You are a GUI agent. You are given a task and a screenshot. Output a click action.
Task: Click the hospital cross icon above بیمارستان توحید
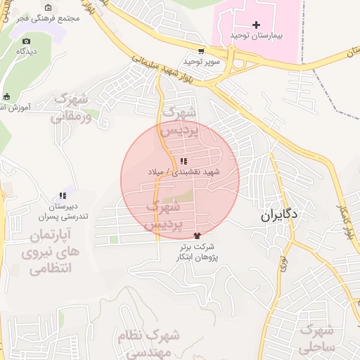click(x=256, y=25)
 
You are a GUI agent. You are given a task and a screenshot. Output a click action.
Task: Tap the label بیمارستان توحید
click(x=255, y=35)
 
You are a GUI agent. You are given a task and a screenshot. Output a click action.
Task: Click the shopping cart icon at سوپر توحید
click(x=202, y=51)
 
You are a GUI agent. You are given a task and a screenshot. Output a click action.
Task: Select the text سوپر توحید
click(x=203, y=61)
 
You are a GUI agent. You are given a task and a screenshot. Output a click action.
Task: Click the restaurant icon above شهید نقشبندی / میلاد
click(x=184, y=162)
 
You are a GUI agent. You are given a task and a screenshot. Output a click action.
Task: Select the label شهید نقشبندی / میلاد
click(x=184, y=172)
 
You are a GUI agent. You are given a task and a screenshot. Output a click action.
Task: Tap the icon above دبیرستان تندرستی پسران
click(x=63, y=195)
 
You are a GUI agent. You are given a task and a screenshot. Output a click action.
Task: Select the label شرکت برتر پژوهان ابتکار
click(x=195, y=252)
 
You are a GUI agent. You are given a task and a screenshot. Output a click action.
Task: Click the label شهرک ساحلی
click(x=318, y=338)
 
